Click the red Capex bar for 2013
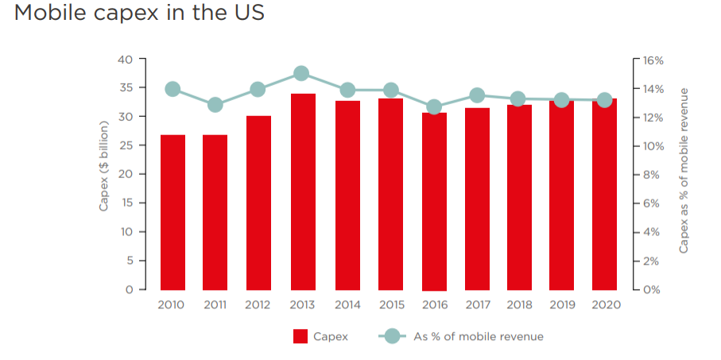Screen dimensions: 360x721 click(302, 192)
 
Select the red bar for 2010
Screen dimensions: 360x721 click(172, 212)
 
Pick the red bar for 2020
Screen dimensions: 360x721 click(604, 194)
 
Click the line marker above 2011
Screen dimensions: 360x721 click(215, 105)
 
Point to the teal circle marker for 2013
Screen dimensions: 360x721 click(301, 74)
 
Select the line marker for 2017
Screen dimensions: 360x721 click(477, 96)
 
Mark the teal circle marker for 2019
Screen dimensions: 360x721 click(561, 100)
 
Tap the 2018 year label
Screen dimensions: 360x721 click(517, 304)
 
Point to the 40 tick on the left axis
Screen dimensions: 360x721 click(124, 60)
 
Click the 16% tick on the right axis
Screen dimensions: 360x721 click(653, 60)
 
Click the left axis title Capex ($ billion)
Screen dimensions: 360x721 click(103, 173)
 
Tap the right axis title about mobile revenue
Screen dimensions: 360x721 click(684, 171)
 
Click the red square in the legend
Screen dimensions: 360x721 click(300, 336)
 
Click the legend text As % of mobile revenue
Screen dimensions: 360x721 click(479, 336)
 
